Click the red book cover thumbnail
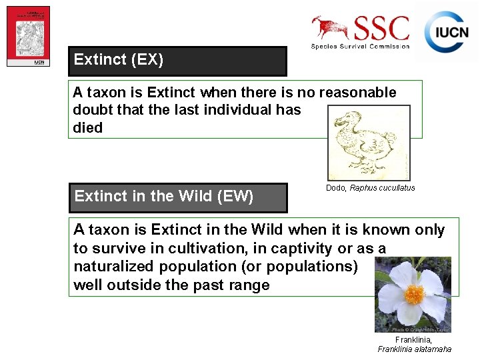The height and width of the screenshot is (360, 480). pos(28,36)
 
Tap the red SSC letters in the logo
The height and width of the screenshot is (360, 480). pos(381,29)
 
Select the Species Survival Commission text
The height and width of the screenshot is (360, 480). pos(360,46)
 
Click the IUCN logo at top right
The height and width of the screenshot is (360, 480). pos(447,32)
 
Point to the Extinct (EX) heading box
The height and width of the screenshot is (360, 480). pos(177,61)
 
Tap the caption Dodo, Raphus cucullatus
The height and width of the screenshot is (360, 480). pos(370,188)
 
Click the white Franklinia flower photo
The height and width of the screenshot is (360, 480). pos(413,294)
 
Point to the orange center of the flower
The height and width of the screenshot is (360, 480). pos(414,294)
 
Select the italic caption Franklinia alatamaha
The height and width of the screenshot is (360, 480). pos(414,349)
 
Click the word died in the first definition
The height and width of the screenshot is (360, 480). pos(88,128)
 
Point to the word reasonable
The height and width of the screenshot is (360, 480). pos(357,92)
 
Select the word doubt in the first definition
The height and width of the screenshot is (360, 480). pos(92,110)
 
